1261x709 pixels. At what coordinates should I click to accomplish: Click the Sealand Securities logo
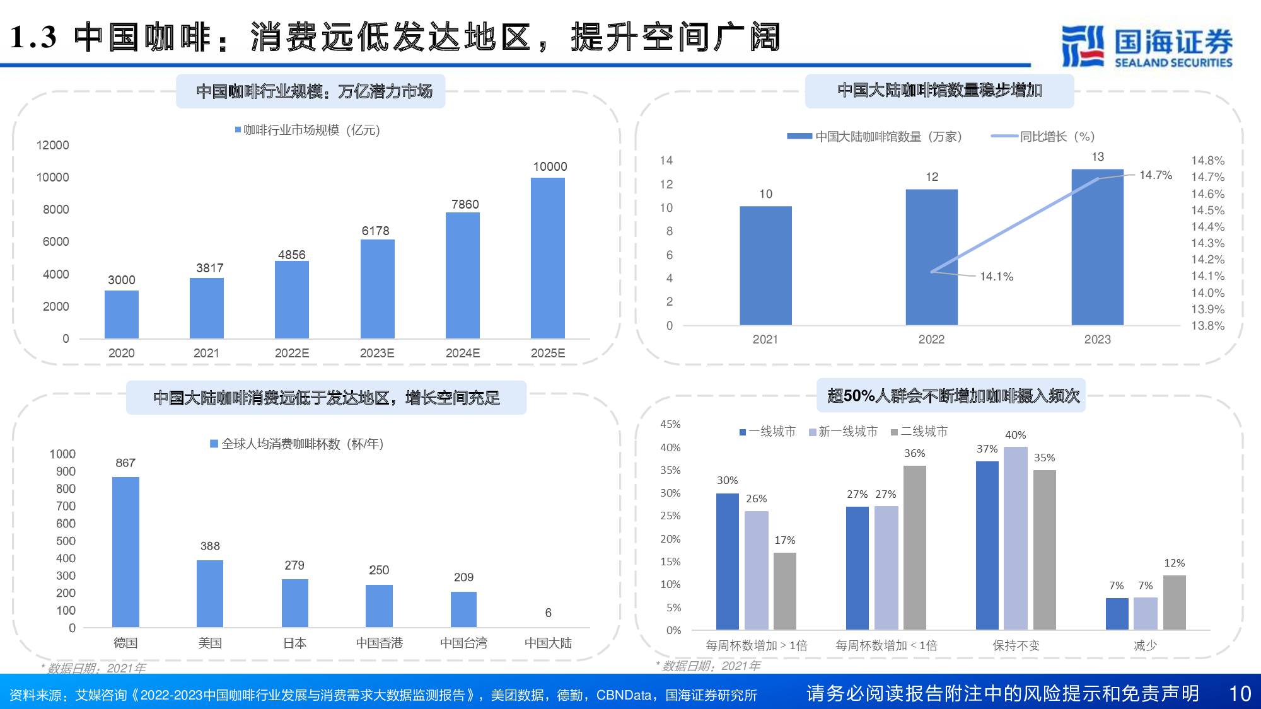tap(1146, 46)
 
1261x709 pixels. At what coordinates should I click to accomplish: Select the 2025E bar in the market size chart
tap(547, 258)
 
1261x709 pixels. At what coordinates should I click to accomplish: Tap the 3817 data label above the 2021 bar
tap(209, 268)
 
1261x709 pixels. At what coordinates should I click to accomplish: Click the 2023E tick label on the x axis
tap(377, 353)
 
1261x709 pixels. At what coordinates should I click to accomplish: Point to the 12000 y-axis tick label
tap(53, 145)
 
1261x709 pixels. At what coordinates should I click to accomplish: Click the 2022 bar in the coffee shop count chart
tap(931, 257)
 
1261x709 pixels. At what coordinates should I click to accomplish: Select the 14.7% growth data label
tap(1155, 175)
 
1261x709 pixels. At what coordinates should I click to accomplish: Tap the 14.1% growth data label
tap(996, 276)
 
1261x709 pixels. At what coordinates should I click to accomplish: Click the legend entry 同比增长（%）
tap(1057, 136)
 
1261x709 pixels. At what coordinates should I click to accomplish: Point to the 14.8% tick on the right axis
tap(1207, 160)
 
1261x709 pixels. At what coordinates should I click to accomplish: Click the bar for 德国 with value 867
tap(125, 551)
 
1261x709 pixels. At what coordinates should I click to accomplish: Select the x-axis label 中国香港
tap(379, 643)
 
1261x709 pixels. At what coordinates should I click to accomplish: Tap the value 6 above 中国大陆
tap(548, 613)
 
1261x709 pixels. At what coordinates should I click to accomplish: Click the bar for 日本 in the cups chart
tap(294, 602)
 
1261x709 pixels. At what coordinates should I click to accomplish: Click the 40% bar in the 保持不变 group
tap(1015, 538)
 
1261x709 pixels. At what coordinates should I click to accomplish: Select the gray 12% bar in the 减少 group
tap(1174, 602)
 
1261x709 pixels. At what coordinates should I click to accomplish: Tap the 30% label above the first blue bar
tap(727, 480)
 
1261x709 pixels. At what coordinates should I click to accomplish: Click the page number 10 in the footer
tap(1240, 693)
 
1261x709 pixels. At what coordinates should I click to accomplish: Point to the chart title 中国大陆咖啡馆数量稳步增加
tap(939, 90)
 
